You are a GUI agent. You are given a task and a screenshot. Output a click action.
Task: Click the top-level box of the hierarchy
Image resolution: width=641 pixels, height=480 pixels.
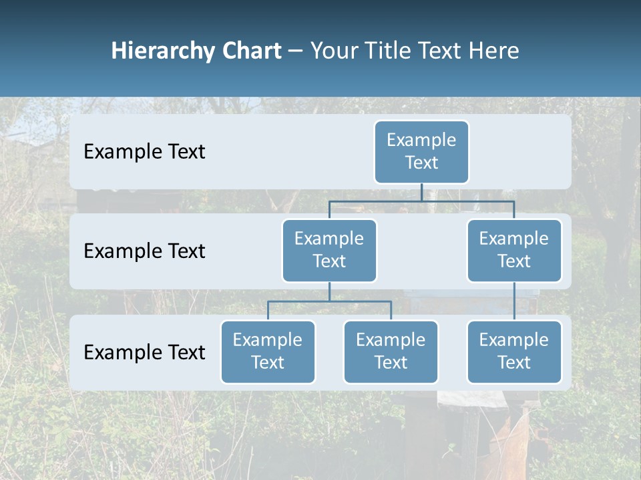421,151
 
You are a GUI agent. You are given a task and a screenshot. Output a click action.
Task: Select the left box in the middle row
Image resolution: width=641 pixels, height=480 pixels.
329,250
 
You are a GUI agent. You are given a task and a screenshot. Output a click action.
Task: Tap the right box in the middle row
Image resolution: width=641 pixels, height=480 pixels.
514,250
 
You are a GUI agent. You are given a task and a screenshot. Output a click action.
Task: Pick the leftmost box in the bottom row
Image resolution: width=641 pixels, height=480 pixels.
268,351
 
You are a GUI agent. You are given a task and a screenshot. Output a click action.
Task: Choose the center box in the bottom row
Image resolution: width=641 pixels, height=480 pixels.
391,351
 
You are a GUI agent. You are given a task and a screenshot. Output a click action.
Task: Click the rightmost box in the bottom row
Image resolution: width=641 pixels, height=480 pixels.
514,351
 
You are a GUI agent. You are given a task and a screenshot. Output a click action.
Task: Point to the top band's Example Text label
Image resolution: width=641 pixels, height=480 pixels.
144,152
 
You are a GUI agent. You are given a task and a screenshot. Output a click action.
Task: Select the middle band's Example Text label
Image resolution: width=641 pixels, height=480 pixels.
144,251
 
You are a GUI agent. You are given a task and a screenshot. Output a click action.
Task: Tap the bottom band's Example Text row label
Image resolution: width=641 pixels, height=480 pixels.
144,353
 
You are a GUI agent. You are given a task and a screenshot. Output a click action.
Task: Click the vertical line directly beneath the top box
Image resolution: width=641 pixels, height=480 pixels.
421,192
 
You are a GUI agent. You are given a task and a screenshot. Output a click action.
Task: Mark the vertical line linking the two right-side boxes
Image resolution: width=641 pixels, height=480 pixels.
514,301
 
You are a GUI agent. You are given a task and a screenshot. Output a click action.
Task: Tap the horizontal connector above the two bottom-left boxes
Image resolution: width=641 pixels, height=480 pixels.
329,301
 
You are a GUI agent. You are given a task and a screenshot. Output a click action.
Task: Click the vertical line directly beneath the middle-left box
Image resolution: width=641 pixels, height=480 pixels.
329,291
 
